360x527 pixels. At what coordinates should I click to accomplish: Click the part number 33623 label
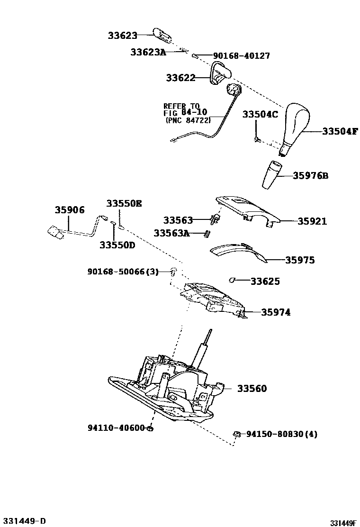122,36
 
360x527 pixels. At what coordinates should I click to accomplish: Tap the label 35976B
310,176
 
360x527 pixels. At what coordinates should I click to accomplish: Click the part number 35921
312,221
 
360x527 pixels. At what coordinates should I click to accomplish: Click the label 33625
265,282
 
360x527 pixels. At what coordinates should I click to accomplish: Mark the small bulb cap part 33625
233,280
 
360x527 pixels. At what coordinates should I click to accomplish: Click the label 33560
252,389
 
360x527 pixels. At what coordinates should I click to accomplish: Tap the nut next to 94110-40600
149,428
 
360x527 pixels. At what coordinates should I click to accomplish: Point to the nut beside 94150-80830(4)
236,434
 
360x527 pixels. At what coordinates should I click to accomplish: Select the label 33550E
124,203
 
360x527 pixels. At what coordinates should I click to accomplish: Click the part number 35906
69,210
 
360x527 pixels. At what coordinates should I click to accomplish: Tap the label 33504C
260,115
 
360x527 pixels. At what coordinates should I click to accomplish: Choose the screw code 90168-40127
242,56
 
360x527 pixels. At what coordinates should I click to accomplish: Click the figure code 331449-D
23,521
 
